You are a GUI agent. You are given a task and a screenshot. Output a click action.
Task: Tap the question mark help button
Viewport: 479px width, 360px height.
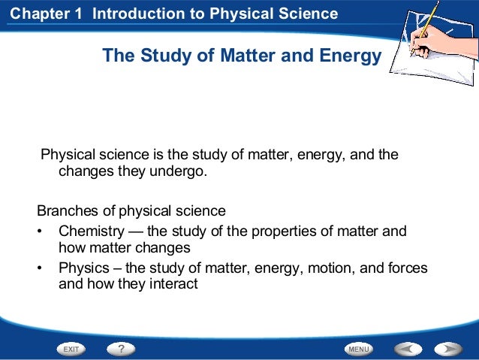click(120, 349)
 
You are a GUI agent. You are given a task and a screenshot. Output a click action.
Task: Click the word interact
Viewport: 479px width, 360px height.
click(172, 284)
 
